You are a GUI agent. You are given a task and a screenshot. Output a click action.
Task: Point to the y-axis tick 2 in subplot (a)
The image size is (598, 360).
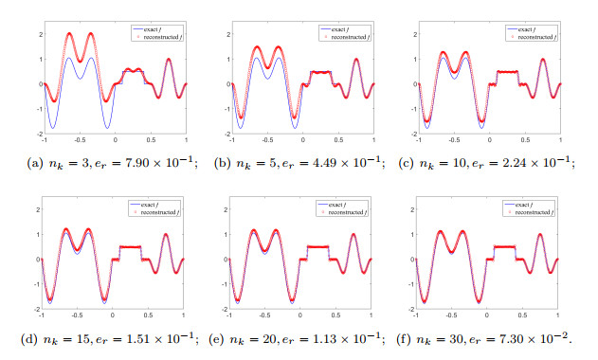point(36,34)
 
